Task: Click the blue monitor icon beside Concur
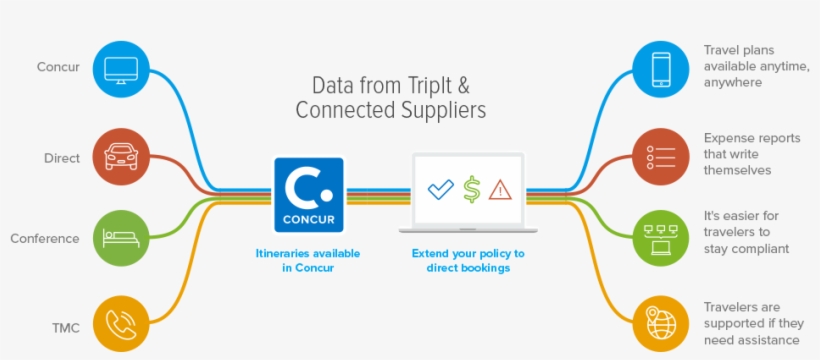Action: coord(121,69)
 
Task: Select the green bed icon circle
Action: coord(121,238)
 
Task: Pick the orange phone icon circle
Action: coord(121,324)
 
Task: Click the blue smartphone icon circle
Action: coord(661,69)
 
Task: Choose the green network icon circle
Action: coord(661,238)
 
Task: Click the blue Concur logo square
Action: coord(309,195)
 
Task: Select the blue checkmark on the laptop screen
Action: coord(441,189)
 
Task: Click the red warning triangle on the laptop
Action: coord(500,189)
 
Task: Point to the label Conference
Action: coord(44,239)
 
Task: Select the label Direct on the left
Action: coord(61,158)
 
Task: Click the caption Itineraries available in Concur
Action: coord(308,261)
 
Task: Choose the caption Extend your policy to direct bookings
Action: coord(468,261)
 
